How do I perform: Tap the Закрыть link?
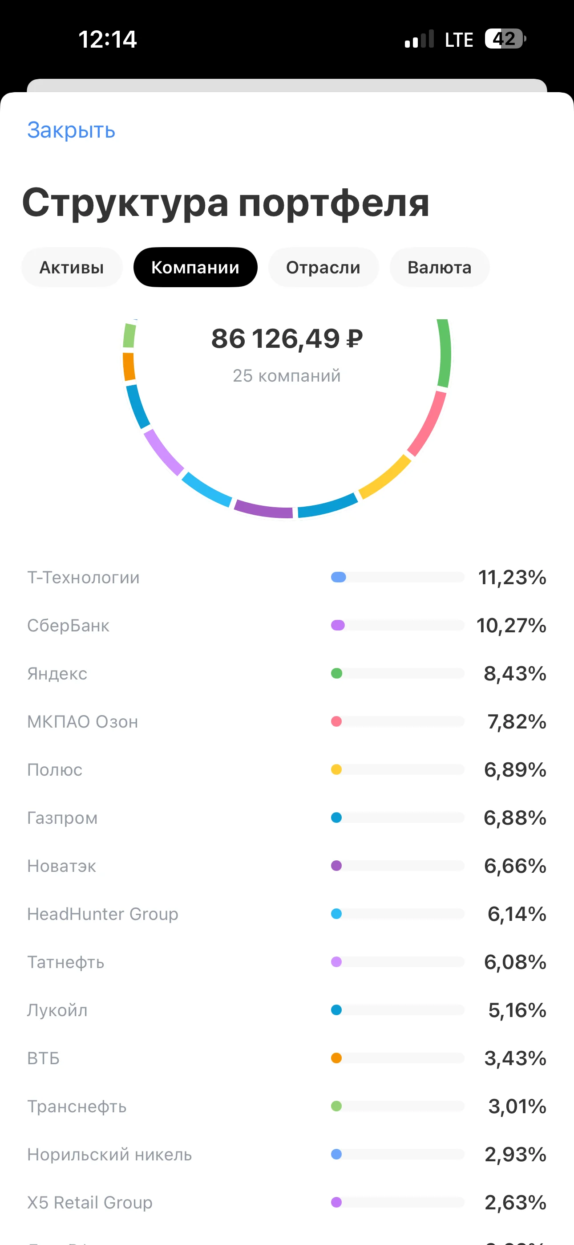(71, 130)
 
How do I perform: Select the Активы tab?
(72, 267)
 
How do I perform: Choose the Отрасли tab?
(323, 267)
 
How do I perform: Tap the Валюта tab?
(439, 267)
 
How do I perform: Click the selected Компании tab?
(195, 267)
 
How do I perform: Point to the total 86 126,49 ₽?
(287, 338)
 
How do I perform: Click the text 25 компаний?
(287, 375)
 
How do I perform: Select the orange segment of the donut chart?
(129, 367)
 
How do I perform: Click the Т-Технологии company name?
(83, 578)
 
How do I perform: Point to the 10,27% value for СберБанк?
(511, 626)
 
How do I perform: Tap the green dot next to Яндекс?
(337, 673)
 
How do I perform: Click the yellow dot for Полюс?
(337, 769)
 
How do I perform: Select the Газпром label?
(62, 818)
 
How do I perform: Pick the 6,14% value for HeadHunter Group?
(517, 914)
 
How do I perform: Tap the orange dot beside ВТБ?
(337, 1058)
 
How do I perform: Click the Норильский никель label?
(109, 1154)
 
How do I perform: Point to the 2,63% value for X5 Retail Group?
(516, 1202)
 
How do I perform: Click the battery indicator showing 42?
(505, 39)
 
